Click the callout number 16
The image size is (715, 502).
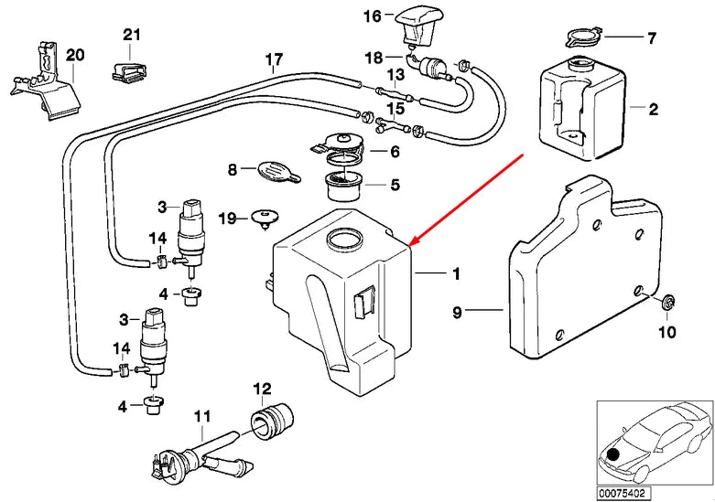click(x=371, y=16)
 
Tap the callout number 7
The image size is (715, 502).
click(x=652, y=38)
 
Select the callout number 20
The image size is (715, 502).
click(x=75, y=55)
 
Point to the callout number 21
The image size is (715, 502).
click(x=133, y=36)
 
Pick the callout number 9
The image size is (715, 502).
click(x=458, y=312)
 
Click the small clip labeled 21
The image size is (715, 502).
click(x=129, y=69)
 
